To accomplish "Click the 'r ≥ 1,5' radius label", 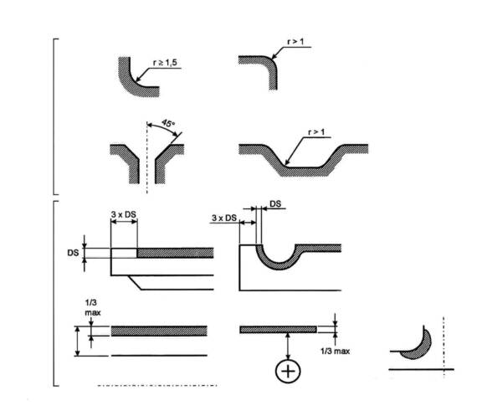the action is [x=165, y=63].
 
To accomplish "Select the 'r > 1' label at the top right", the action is [x=295, y=42].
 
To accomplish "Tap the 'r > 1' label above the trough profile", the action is [x=316, y=132].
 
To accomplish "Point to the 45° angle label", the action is [x=168, y=124].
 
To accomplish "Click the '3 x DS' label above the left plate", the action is [x=123, y=214].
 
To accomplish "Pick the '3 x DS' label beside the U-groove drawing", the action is [x=224, y=218].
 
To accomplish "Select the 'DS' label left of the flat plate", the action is [x=73, y=253].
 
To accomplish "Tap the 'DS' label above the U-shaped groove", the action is [x=275, y=204].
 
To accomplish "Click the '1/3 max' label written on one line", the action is [x=335, y=351].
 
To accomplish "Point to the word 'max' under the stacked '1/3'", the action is [x=93, y=313].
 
